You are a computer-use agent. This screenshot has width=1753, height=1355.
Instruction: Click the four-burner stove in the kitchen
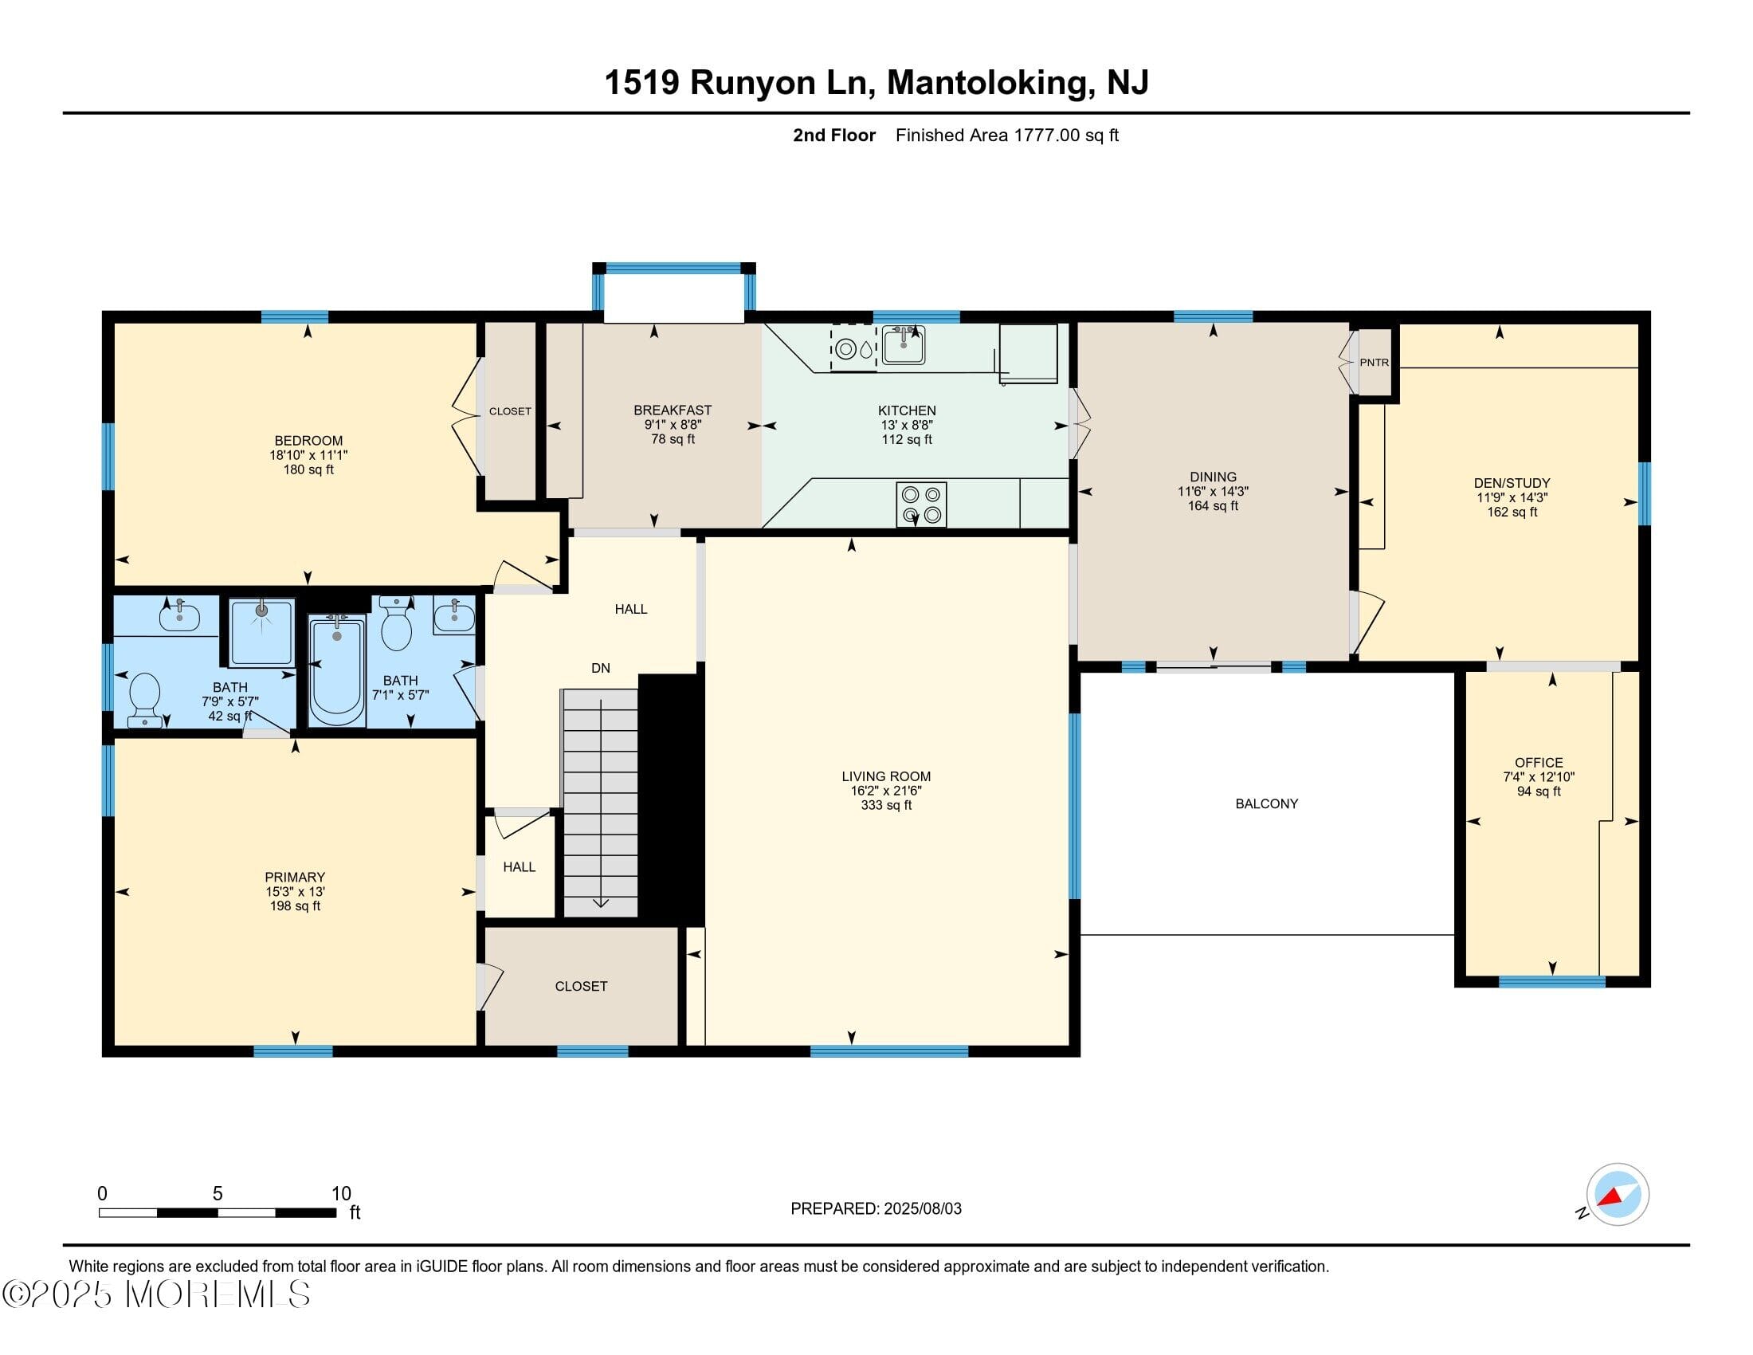click(x=920, y=504)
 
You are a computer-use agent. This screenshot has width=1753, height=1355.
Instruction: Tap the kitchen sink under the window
click(x=903, y=344)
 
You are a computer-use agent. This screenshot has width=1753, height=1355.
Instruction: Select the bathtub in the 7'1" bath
click(x=336, y=670)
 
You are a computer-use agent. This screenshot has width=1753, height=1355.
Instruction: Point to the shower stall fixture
click(x=261, y=632)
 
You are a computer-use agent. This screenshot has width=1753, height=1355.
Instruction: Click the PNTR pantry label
click(x=1374, y=362)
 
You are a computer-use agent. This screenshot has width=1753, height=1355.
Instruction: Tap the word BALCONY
click(x=1266, y=803)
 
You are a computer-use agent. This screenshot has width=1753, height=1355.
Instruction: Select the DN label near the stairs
click(x=600, y=668)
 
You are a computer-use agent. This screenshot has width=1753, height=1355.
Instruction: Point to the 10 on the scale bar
click(x=341, y=1193)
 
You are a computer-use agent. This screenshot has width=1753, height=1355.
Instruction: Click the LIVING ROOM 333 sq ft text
click(x=885, y=805)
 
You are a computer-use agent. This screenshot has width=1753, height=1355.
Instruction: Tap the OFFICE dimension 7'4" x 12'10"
click(x=1538, y=777)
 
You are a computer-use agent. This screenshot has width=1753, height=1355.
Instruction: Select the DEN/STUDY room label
click(x=1512, y=483)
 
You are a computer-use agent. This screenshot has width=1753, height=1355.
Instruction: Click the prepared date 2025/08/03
click(x=921, y=1209)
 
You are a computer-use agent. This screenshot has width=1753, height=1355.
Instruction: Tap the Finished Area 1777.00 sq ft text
click(x=1006, y=135)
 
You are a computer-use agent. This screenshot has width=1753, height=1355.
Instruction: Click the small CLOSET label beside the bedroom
click(x=510, y=411)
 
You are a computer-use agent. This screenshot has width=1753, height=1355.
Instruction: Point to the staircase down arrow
click(x=600, y=902)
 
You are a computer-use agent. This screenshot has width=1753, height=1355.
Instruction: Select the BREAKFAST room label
click(x=672, y=410)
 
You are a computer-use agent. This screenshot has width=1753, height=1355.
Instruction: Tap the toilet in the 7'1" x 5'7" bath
click(x=396, y=626)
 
